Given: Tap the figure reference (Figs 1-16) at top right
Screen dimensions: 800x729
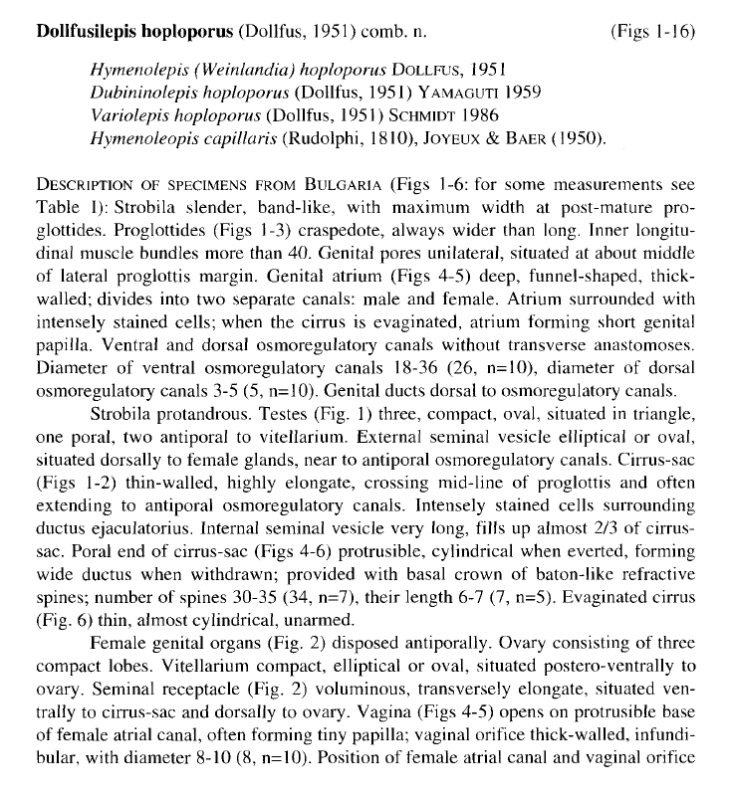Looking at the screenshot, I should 651,31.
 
